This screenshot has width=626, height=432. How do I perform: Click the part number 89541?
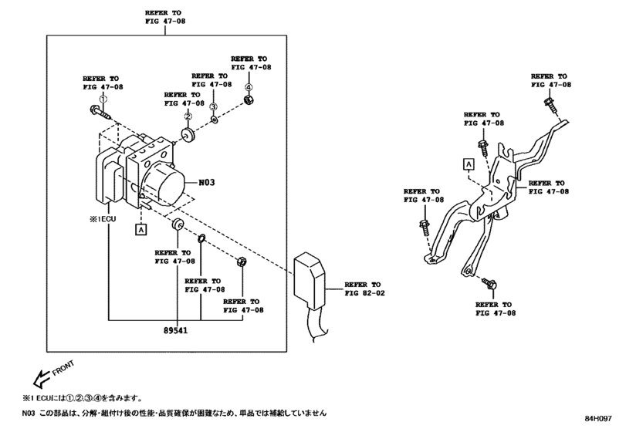(x=178, y=330)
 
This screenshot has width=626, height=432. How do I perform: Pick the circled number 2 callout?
(x=187, y=116)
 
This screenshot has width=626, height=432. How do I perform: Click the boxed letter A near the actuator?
(x=140, y=229)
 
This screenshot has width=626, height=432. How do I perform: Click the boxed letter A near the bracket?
(x=468, y=163)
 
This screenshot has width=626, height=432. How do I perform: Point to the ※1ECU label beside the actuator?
(x=107, y=219)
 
